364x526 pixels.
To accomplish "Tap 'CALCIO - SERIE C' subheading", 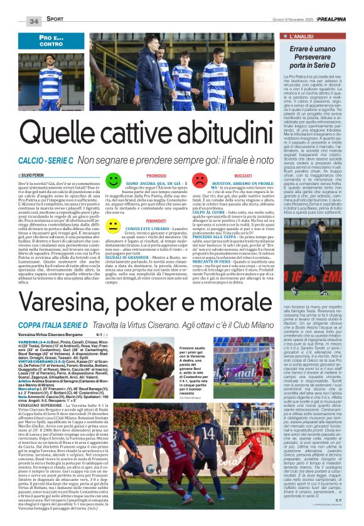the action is (45, 160).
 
